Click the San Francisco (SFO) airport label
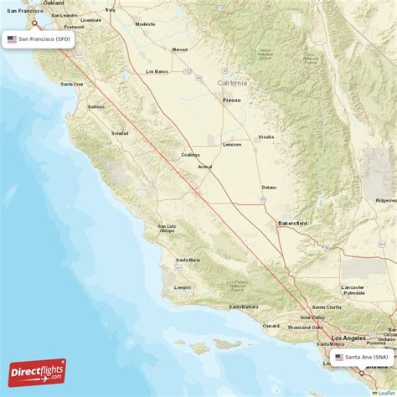(39, 39)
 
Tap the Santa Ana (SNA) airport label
(363, 357)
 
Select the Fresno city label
(231, 101)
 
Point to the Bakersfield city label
(292, 224)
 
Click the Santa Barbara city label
(239, 307)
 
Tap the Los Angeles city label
(348, 338)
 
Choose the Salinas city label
(96, 107)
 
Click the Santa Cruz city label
(71, 84)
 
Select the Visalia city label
(266, 136)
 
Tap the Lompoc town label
(183, 287)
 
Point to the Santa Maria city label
(188, 260)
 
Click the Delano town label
(268, 187)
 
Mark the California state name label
(233, 83)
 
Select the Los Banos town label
(157, 71)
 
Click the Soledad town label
(120, 133)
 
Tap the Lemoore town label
(232, 144)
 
